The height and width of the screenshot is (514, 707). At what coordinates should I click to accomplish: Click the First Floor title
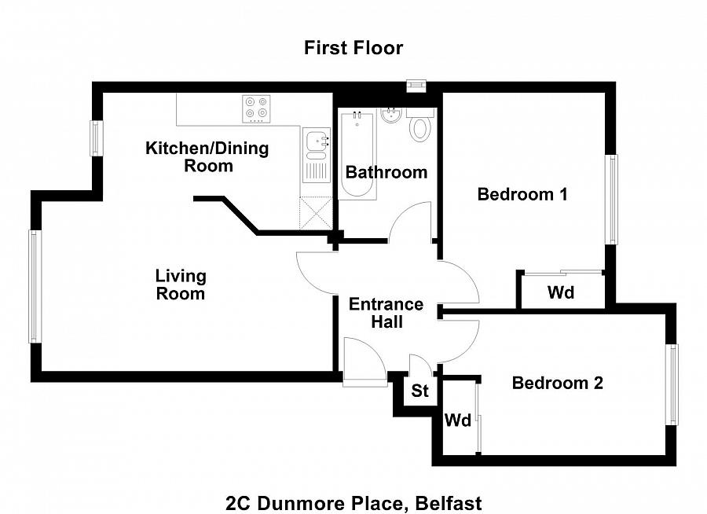[x=353, y=48]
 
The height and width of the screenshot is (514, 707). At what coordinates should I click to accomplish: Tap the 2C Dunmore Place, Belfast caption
[x=353, y=502]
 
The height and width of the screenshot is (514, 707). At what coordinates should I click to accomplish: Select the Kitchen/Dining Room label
[x=207, y=156]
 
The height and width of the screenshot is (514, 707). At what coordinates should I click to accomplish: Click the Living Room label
[x=181, y=285]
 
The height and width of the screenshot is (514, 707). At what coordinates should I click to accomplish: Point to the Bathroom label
[x=386, y=172]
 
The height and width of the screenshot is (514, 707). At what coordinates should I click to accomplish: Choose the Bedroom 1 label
[x=522, y=194]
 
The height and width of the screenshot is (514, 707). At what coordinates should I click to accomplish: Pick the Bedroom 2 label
[x=557, y=383]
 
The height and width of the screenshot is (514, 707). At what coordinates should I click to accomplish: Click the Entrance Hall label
[x=386, y=313]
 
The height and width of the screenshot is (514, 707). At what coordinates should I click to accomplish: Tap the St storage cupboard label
[x=420, y=391]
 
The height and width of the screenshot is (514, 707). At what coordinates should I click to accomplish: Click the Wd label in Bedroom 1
[x=561, y=293]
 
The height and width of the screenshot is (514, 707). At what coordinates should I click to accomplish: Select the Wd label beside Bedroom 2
[x=457, y=420]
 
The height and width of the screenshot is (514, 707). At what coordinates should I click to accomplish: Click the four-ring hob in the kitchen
[x=256, y=108]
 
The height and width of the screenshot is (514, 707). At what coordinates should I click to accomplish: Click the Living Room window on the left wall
[x=34, y=286]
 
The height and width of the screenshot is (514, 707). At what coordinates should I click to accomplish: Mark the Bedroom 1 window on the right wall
[x=610, y=200]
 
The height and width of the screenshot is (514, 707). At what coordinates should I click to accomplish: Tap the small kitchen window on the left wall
[x=97, y=138]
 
